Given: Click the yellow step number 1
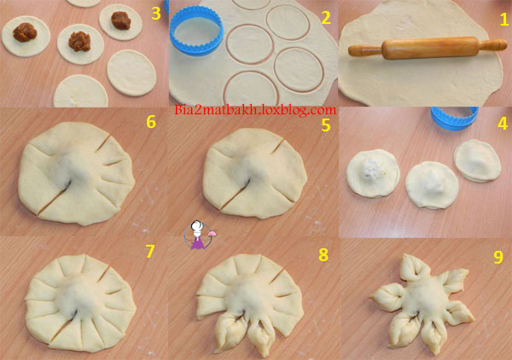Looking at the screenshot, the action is [503, 20].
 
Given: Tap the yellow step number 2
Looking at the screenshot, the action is [326, 18].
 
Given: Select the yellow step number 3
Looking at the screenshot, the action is [156, 14].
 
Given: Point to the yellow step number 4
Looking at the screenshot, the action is [502, 124].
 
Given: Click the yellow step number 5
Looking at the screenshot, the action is [326, 125].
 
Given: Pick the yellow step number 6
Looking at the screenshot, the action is [151, 122].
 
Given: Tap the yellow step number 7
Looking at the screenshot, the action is [149, 252].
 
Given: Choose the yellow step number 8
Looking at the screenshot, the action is [323, 255].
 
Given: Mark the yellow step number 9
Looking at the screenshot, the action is [498, 257].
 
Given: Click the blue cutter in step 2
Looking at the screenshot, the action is [196, 31].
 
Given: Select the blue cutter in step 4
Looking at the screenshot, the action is [455, 118].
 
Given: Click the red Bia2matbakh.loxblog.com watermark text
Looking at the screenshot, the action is [255, 110].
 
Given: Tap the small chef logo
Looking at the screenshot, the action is [199, 235].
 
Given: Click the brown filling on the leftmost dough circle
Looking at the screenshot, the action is [25, 32].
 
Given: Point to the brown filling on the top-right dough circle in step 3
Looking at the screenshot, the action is [121, 20].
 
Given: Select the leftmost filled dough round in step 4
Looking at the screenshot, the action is [373, 173].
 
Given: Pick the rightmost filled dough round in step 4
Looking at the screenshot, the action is [477, 160].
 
